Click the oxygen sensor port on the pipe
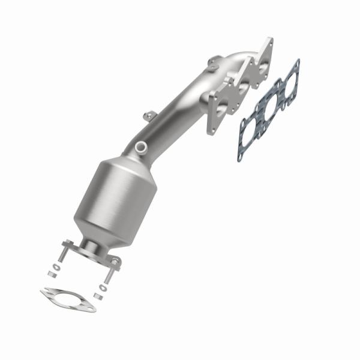click(140, 145)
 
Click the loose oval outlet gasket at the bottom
click(68, 299)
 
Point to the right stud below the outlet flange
click(108, 273)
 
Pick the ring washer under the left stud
click(56, 266)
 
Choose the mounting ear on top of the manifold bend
click(214, 62)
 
